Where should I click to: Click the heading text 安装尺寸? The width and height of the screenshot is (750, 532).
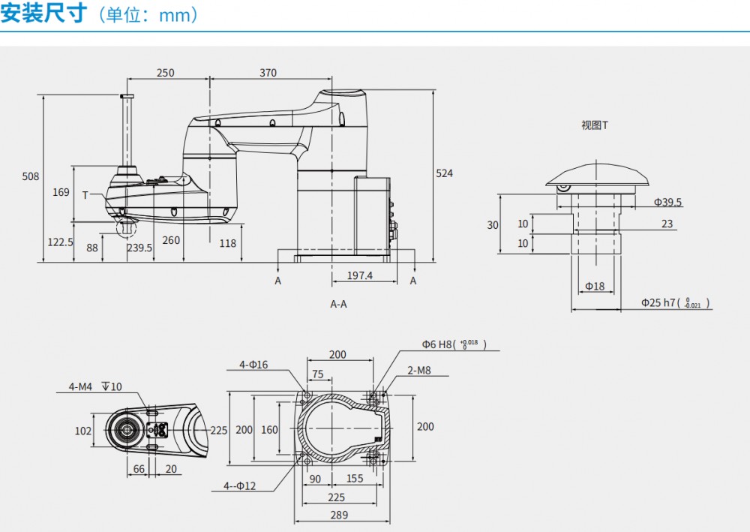[x=43, y=14]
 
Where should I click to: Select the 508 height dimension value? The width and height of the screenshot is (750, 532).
[x=30, y=176]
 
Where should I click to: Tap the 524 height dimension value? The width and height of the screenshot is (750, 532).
[x=445, y=173]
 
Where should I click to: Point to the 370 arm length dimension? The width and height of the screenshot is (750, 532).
[x=268, y=73]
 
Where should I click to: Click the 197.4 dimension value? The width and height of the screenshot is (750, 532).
[x=360, y=275]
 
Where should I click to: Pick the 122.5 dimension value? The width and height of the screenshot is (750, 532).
[x=60, y=242]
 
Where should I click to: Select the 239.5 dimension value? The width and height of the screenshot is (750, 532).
[x=139, y=248]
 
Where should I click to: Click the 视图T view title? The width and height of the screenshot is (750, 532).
[x=595, y=125]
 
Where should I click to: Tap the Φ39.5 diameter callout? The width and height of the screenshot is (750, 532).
[x=667, y=202]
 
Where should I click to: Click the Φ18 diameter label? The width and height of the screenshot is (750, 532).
[x=595, y=286]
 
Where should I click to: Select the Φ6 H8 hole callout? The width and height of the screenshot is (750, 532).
[x=454, y=344]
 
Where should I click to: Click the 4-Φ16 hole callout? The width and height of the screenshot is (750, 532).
[x=253, y=365]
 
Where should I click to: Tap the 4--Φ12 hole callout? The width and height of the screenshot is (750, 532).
[x=240, y=485]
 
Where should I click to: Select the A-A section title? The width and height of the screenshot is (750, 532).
[x=339, y=304]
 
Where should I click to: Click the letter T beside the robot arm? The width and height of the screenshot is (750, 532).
[x=85, y=195]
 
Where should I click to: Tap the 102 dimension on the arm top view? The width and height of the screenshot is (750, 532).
[x=83, y=431]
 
